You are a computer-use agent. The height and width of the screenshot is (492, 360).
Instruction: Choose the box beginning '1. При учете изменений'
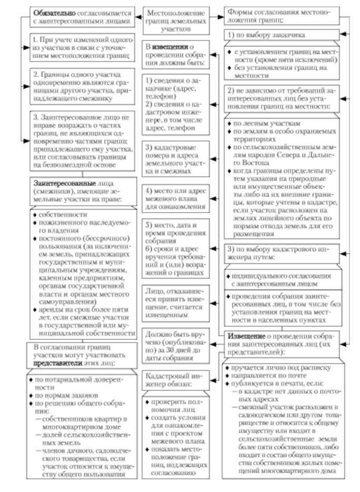77,47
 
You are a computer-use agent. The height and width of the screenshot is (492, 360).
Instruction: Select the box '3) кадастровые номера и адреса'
176,157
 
